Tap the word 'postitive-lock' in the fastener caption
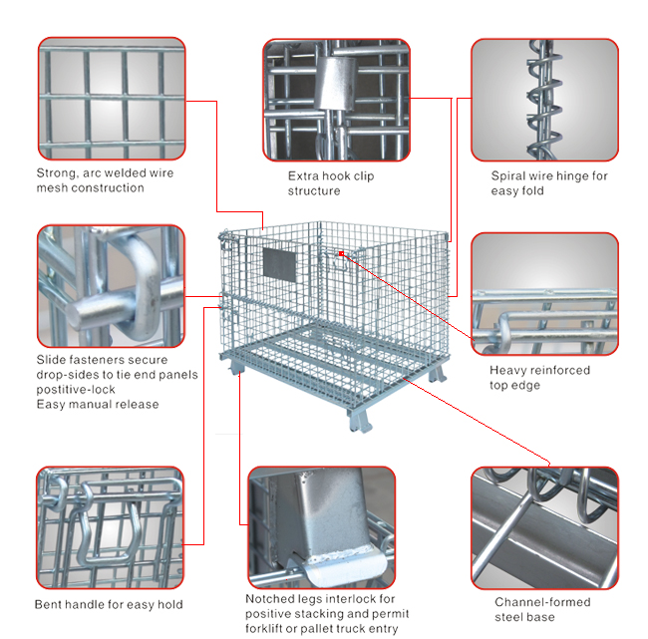coord(76,390)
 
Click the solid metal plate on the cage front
coord(279,265)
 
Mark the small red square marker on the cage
coord(341,253)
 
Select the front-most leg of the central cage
coord(359,422)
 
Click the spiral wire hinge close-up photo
coord(544,100)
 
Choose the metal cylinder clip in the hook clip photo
coord(336,83)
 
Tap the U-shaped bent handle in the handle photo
coord(109,533)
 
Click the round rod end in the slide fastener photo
coord(80,314)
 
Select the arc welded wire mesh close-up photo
coord(112,99)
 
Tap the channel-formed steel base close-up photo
coord(544,527)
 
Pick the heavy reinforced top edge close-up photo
coord(544,294)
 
